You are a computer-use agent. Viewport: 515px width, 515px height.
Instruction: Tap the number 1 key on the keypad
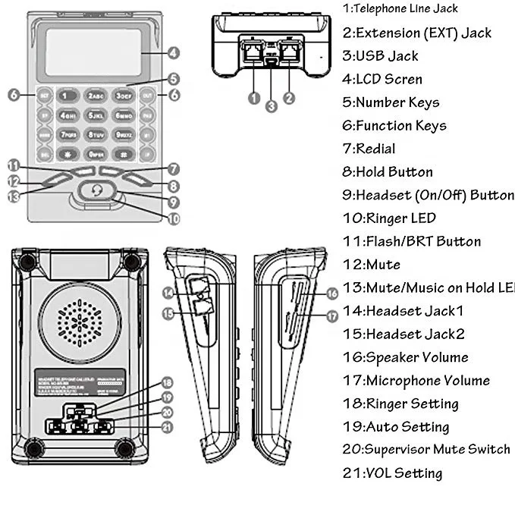click(x=68, y=96)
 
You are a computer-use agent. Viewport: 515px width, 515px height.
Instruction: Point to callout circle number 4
click(x=174, y=53)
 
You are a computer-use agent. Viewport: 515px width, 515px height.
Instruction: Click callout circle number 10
click(x=174, y=219)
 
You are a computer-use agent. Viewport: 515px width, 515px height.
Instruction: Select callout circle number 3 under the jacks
click(x=272, y=106)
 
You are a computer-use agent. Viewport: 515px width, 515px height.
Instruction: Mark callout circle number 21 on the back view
click(x=168, y=427)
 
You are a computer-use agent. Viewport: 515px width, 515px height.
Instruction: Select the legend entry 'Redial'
click(x=369, y=149)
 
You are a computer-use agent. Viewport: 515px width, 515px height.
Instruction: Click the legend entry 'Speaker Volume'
click(x=406, y=357)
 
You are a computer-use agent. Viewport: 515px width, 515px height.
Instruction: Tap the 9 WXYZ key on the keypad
click(x=124, y=134)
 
